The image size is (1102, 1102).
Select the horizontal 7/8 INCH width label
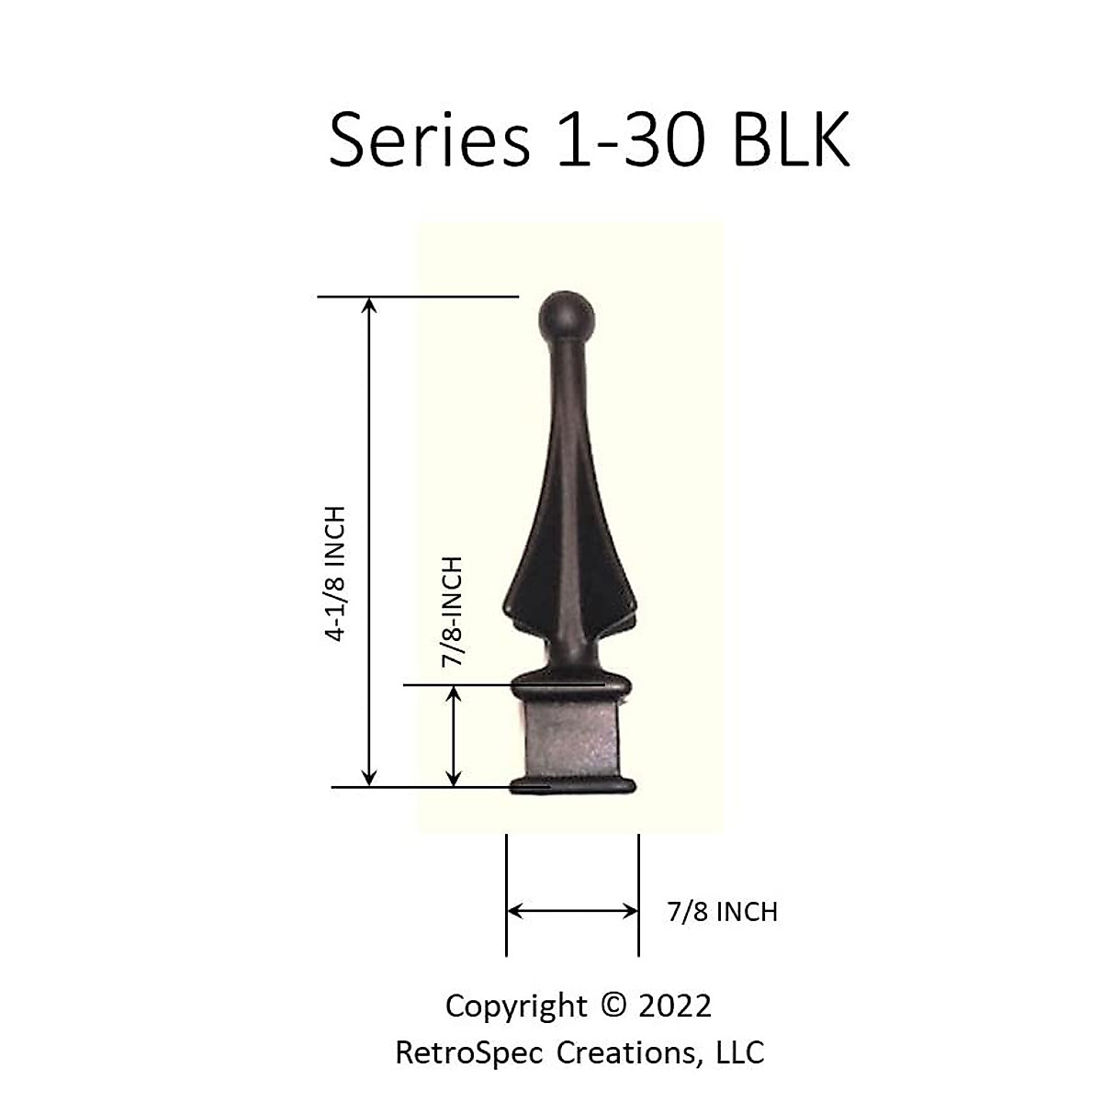coord(723,912)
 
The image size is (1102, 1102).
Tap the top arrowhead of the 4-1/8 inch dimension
coord(369,305)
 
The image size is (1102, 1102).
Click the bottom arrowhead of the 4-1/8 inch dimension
coord(369,779)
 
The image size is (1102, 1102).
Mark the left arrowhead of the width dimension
coord(514,911)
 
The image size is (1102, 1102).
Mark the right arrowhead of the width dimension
coord(631,911)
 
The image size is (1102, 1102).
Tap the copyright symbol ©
coord(612,1006)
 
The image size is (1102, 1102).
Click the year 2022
coord(675,1006)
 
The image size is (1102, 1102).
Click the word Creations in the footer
coord(630,1052)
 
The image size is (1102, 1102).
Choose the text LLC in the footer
coord(740,1052)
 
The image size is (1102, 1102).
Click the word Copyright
coord(516,1006)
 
